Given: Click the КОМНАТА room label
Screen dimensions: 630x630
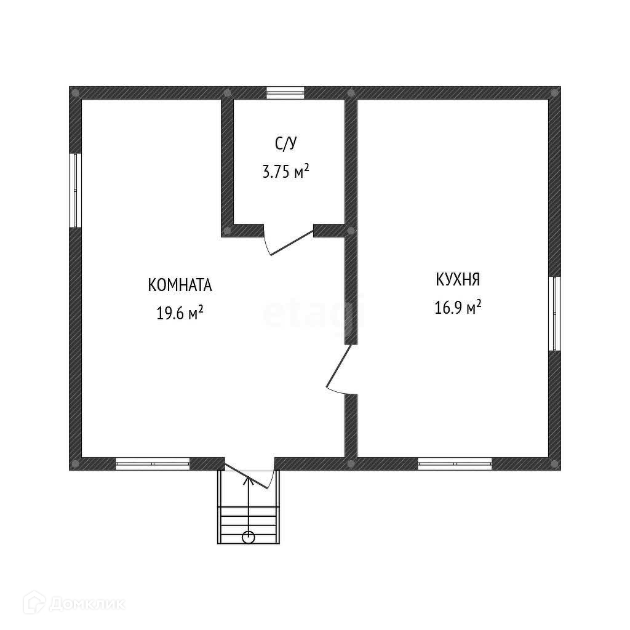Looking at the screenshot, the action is pyautogui.click(x=180, y=285).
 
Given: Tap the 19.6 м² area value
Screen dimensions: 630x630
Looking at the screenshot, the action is pyautogui.click(x=180, y=313).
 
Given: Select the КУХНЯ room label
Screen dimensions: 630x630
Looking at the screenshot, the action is pyautogui.click(x=457, y=280).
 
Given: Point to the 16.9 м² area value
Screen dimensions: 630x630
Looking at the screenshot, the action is pyautogui.click(x=457, y=307).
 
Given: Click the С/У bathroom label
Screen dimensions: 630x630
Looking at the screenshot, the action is pyautogui.click(x=285, y=144).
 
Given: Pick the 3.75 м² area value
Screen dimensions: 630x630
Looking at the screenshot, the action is pyautogui.click(x=285, y=172).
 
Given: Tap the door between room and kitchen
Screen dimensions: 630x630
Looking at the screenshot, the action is pyautogui.click(x=339, y=369).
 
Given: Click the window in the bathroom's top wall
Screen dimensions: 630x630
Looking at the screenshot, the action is pyautogui.click(x=285, y=93).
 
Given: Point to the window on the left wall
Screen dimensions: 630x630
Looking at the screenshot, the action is pyautogui.click(x=76, y=190).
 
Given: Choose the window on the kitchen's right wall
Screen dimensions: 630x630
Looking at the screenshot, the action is pyautogui.click(x=554, y=313).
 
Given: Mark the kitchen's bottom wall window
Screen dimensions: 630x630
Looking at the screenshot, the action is pyautogui.click(x=455, y=463).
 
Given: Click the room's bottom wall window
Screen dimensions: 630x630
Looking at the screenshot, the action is pyautogui.click(x=153, y=463).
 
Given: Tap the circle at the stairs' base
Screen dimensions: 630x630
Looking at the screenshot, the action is pyautogui.click(x=248, y=536).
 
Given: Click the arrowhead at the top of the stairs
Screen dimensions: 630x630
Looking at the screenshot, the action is pyautogui.click(x=248, y=479).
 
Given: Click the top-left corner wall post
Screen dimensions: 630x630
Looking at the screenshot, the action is pyautogui.click(x=75, y=93).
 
